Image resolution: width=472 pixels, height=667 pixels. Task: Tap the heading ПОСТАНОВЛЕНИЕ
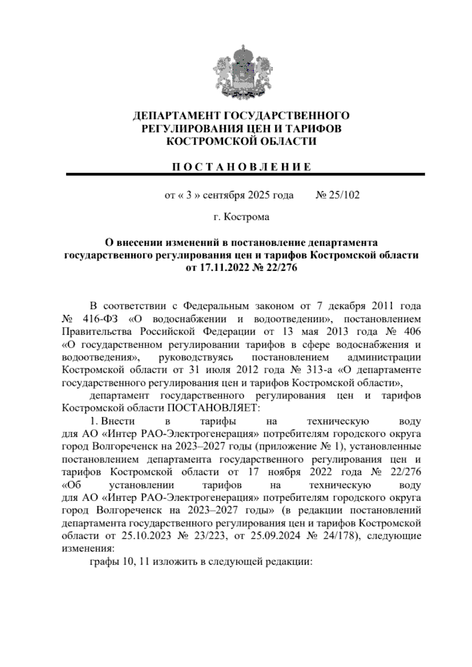pyautogui.click(x=242, y=166)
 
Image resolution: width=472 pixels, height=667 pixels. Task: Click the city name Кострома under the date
pyautogui.click(x=246, y=217)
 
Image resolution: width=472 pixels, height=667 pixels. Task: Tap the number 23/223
pyautogui.click(x=211, y=536)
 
